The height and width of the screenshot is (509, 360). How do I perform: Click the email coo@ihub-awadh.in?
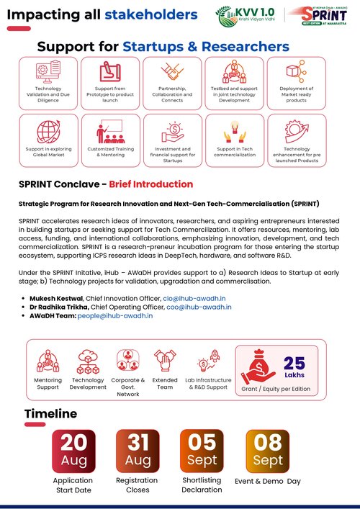coord(199,307)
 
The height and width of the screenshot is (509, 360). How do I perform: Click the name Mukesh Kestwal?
coord(55,297)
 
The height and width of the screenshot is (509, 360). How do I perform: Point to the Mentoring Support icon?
coord(48,359)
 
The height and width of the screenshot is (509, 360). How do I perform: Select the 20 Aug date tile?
coord(73,450)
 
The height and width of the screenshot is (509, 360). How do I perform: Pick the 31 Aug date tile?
coord(138,450)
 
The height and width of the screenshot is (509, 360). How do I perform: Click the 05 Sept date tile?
coord(202,450)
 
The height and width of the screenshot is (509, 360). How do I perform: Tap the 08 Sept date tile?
coord(268,450)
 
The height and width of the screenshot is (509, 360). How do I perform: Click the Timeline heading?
coord(50,414)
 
